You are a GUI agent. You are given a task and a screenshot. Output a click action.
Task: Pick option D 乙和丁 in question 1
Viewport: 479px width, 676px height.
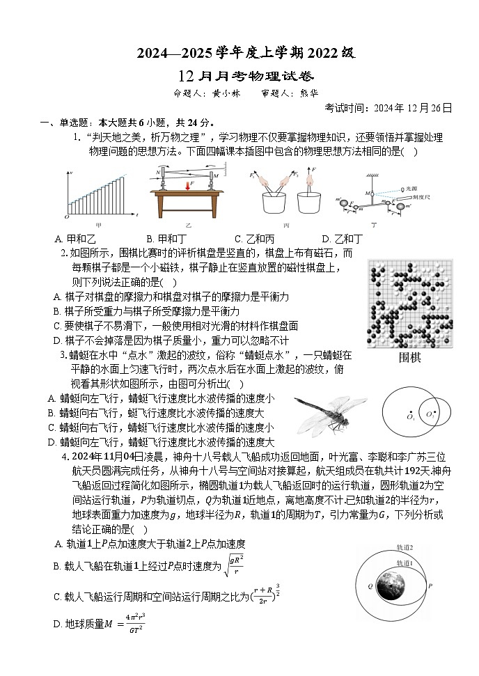(342, 239)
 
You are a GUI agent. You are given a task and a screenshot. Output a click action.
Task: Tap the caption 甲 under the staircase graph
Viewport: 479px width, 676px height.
(98, 225)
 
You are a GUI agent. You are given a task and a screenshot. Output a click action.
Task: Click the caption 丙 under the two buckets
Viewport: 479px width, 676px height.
(286, 225)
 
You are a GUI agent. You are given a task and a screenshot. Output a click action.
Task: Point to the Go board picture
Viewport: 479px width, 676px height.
(410, 304)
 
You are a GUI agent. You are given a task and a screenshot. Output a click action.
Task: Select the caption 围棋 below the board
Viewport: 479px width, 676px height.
(410, 358)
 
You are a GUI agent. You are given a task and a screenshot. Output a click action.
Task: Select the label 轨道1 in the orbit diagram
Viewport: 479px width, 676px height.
(405, 563)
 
